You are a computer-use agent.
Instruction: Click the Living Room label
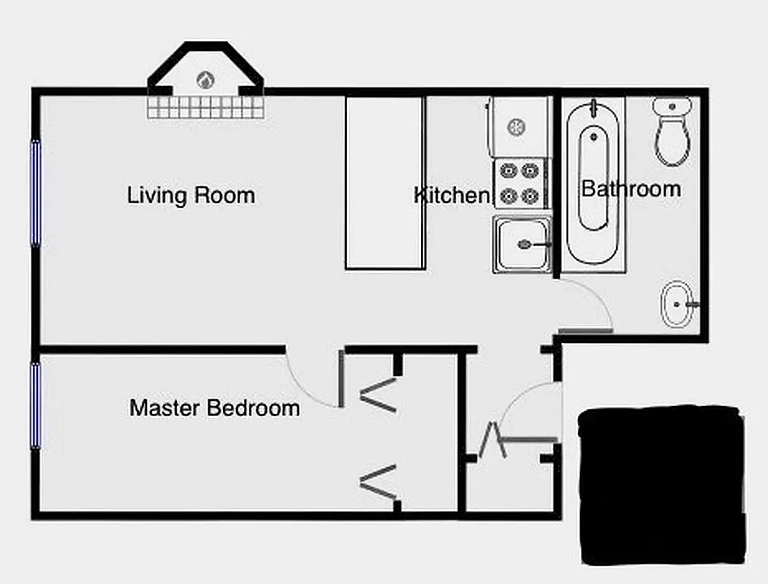coord(191,196)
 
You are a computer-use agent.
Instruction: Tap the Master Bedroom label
coord(214,407)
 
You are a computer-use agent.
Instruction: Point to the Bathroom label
coord(631,189)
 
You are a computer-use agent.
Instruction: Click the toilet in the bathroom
coord(672,131)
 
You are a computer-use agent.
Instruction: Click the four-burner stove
coord(520,183)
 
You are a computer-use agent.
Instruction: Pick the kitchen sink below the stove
coord(521,244)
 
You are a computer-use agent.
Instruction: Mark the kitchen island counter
coord(385,182)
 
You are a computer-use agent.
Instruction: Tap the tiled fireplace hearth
coord(206,108)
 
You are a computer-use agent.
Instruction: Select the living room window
coord(34,193)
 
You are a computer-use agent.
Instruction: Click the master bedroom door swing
coord(311,380)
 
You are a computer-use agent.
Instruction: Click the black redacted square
coord(662,485)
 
